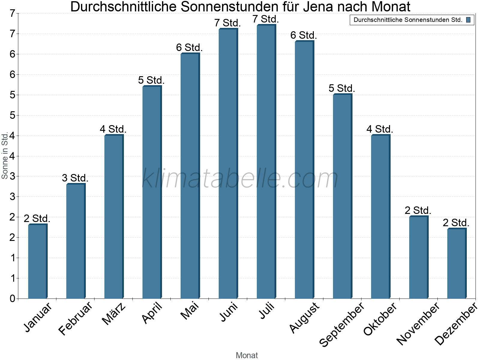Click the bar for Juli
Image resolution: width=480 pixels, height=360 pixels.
266,162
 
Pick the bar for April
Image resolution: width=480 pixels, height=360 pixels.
152,192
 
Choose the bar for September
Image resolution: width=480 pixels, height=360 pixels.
342,196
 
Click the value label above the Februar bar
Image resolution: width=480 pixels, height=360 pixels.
75,178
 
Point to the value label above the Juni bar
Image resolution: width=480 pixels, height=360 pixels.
228,23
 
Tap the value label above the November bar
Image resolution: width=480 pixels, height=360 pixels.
418,210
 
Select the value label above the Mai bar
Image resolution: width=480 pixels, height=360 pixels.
190,47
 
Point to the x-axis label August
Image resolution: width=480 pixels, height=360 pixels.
304,317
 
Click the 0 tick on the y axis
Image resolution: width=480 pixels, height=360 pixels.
12,298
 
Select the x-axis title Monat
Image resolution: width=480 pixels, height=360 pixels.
247,355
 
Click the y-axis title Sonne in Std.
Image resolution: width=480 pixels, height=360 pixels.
5,156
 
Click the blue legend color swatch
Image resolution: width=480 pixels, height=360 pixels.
468,20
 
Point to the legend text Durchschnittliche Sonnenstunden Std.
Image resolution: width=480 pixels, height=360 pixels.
408,20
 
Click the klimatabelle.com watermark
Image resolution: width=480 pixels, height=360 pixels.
240,178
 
